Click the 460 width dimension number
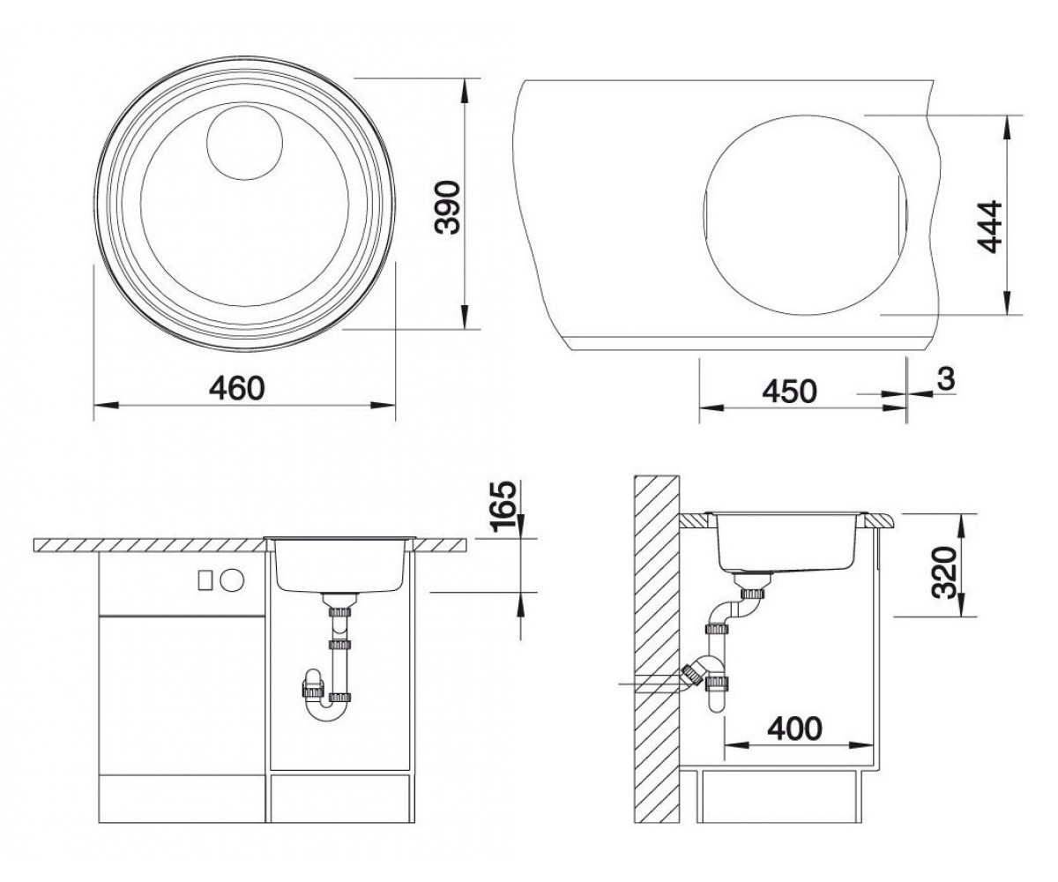tap(237, 388)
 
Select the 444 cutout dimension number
tap(989, 226)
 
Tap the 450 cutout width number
tap(790, 391)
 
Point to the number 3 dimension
tap(946, 378)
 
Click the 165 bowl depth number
tap(504, 507)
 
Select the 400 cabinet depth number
tap(795, 729)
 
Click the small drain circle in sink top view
tap(245, 141)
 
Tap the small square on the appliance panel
tap(205, 579)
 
